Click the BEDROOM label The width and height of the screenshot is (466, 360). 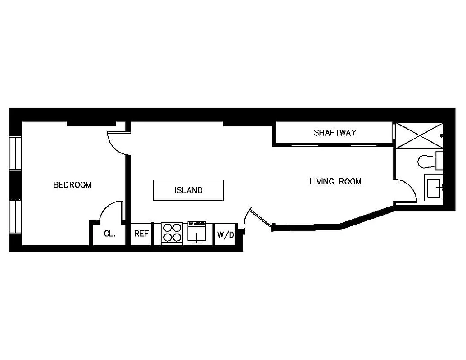coord(72,185)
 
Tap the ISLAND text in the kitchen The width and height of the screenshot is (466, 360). coord(188,190)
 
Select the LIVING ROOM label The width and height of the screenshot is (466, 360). coord(335,182)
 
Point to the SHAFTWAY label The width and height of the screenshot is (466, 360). coord(335,133)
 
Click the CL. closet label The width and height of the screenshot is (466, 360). coord(109,234)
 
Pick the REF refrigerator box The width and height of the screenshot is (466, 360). coord(141,234)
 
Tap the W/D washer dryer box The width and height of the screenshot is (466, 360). coord(225,234)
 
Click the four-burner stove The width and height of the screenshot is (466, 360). coord(172,233)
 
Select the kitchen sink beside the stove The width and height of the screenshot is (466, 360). coord(197,233)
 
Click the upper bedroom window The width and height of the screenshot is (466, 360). coord(16,153)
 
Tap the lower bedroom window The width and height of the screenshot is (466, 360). coord(16,217)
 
